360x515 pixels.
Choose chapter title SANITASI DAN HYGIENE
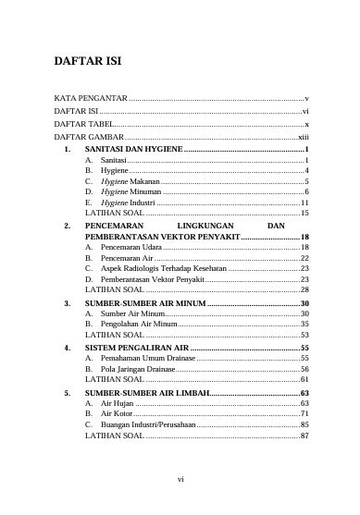[x=133, y=148]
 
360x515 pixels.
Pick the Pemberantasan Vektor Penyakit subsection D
[x=152, y=279]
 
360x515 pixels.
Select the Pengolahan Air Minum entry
[x=139, y=325]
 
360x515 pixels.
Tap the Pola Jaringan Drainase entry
[x=143, y=369]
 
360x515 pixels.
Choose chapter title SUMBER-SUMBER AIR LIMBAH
[x=147, y=392]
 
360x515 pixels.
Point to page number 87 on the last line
[x=304, y=435]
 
